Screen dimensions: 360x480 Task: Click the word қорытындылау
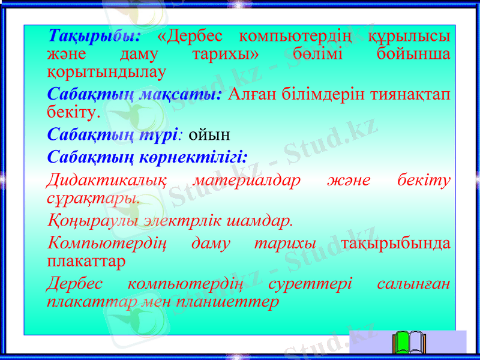[x=106, y=71]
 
